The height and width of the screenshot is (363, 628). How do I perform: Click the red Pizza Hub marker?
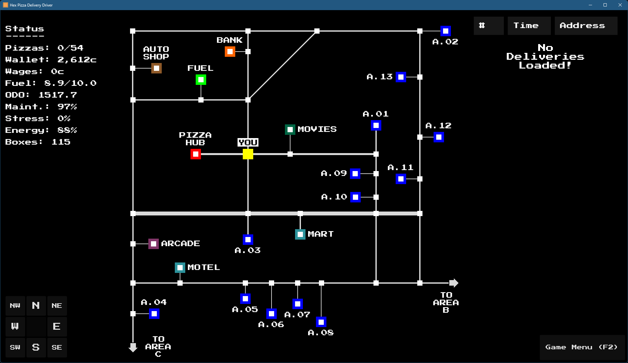click(x=196, y=154)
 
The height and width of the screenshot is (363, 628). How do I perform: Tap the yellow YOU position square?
click(x=248, y=154)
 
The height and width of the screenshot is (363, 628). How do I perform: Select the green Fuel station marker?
click(x=201, y=80)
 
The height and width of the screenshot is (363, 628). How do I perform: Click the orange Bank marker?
click(x=230, y=52)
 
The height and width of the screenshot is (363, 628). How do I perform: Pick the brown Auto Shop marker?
click(x=157, y=68)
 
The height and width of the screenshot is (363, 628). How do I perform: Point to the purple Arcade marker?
click(x=154, y=244)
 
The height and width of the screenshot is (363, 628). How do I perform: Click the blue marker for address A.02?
click(x=446, y=31)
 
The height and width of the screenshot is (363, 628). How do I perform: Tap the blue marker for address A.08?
click(x=321, y=322)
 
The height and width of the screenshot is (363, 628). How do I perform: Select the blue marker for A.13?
click(x=401, y=77)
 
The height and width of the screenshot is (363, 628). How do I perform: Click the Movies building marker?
click(x=290, y=130)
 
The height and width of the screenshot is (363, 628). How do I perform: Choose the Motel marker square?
click(x=180, y=268)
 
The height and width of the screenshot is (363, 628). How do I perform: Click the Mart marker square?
click(x=300, y=234)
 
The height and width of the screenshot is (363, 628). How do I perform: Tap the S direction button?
click(x=36, y=347)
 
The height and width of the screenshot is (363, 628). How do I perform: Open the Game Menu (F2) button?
click(x=582, y=347)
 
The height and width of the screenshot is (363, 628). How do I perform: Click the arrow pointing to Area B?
click(x=454, y=283)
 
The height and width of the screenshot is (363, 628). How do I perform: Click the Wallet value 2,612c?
click(x=77, y=60)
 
